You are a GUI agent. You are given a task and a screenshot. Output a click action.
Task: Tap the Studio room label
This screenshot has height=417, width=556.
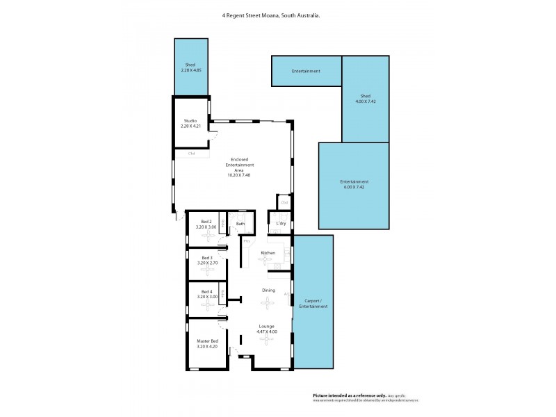pyautogui.click(x=190, y=123)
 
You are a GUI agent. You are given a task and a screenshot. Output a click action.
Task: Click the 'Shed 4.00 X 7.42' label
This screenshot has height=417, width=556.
pyautogui.click(x=365, y=99)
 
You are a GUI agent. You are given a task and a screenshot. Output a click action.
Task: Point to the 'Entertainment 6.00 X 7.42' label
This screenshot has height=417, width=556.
pyautogui.click(x=354, y=184)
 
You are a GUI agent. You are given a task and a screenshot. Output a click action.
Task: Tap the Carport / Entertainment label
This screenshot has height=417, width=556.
pyautogui.click(x=313, y=304)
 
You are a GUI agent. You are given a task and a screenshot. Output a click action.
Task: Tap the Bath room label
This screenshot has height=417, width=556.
pyautogui.click(x=240, y=224)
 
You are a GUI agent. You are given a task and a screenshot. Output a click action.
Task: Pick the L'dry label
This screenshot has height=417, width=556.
pyautogui.click(x=281, y=224)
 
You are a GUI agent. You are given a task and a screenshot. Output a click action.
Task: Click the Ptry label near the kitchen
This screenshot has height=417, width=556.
pyautogui.click(x=246, y=241)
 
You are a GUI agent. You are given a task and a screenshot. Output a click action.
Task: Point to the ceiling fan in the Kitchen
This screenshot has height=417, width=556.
pyautogui.click(x=268, y=260)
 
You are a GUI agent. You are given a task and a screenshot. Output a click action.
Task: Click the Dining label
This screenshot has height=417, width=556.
pyautogui.click(x=268, y=290)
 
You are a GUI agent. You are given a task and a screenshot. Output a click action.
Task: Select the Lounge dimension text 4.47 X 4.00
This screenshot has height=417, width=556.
pyautogui.click(x=267, y=332)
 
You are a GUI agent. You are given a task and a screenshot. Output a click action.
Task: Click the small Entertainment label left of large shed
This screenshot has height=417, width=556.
pyautogui.click(x=306, y=72)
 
